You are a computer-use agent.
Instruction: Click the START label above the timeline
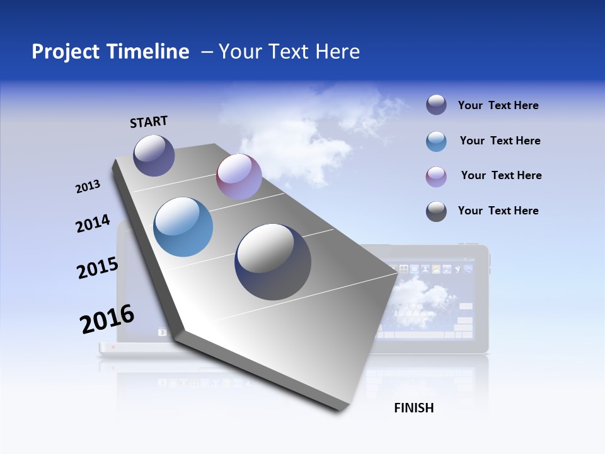[149, 122]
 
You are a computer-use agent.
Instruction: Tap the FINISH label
[413, 408]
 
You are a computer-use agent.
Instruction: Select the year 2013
[88, 186]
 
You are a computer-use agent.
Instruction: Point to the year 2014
[93, 223]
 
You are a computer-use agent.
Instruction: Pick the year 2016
[107, 319]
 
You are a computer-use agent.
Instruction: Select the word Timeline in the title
[147, 52]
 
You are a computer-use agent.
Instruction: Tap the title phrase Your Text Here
[289, 52]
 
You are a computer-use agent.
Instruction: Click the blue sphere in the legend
[436, 141]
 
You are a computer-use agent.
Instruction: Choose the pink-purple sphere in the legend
[436, 177]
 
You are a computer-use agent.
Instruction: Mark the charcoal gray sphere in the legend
[436, 211]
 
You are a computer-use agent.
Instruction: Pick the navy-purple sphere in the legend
[436, 105]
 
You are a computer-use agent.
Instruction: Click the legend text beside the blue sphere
[500, 141]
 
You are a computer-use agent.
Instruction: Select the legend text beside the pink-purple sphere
[501, 175]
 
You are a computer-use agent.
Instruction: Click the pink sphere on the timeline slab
[239, 177]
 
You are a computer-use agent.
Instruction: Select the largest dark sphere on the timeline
[273, 262]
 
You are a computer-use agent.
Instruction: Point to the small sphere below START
[154, 155]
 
